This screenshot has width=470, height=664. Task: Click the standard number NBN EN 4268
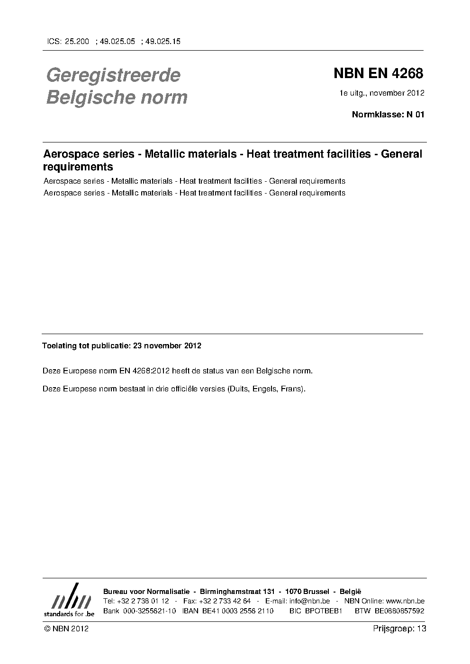378,74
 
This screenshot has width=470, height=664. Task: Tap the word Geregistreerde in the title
113,75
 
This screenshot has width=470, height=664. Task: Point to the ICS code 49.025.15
163,42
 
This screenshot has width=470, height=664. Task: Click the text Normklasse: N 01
388,115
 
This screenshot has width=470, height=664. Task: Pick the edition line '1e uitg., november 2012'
381,93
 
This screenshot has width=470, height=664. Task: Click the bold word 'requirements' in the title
78,167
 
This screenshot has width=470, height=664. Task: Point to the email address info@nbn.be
309,601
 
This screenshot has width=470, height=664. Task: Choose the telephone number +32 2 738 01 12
142,601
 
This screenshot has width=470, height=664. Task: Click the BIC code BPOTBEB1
324,611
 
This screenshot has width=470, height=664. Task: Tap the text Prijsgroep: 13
399,629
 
